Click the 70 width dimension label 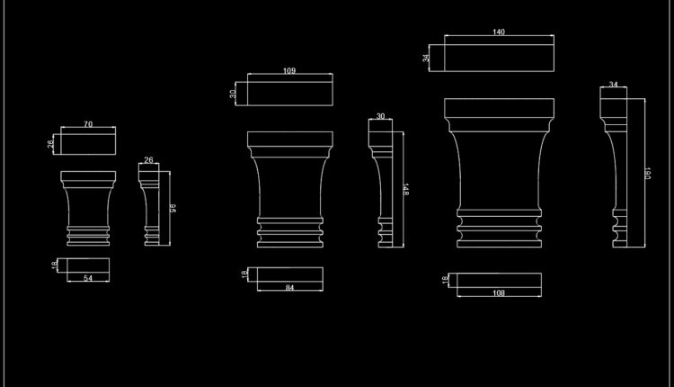[x=88, y=124]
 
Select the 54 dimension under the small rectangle [x=88, y=279]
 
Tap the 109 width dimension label [x=289, y=71]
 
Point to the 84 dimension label [x=289, y=288]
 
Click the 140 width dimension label [x=499, y=32]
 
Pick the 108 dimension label [x=499, y=293]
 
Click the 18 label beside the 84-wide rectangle [x=244, y=274]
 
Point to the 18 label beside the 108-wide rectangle [x=445, y=280]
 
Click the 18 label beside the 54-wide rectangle [x=54, y=265]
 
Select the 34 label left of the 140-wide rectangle [x=427, y=58]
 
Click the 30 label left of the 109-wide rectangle [x=233, y=93]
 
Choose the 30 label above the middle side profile [x=380, y=116]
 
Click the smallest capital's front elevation [x=88, y=207]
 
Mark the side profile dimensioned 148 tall [x=381, y=184]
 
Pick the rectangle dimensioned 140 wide [x=499, y=55]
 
